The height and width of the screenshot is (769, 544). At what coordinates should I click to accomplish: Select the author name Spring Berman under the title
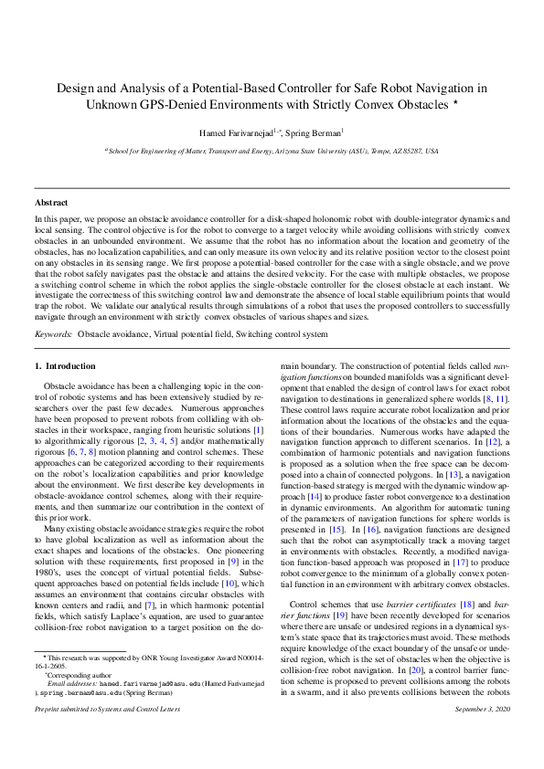click(315, 132)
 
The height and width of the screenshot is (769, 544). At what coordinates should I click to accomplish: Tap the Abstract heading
click(51, 202)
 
